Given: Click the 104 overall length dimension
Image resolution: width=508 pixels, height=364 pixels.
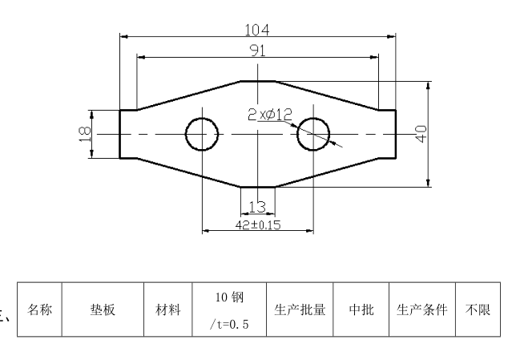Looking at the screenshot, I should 257,30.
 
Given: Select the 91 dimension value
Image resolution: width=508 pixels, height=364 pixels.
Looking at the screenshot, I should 257,51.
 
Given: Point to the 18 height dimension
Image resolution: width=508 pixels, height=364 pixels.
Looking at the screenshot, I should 85,134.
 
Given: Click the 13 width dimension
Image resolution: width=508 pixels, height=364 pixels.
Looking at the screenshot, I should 257,206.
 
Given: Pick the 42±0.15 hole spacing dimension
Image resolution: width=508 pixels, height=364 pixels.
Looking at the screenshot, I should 257,225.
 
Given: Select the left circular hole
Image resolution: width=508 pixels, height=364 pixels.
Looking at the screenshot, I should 202,134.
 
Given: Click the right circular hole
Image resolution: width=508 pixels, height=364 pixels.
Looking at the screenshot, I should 313,134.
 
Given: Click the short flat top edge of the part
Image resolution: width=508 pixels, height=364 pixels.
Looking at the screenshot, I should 257,80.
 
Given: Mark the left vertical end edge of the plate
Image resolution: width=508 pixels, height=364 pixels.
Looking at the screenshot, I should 120,134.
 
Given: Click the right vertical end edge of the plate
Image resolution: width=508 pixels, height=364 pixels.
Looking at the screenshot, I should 395,134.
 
